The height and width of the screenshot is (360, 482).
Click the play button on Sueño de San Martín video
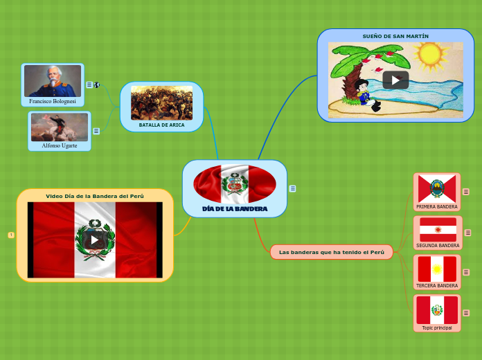coord(395,80)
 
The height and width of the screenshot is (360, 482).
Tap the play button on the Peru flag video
coord(95,240)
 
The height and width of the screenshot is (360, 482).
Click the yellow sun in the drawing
coord(431,54)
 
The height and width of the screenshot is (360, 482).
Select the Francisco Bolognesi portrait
coord(53,81)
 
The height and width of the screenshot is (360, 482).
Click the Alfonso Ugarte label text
coord(60,146)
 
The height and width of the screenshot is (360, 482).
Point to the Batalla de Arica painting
coord(161,102)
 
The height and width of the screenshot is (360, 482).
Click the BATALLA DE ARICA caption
coord(161,125)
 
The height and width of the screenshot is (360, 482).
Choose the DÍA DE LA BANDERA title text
coord(235,208)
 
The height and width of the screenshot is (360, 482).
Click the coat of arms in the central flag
coord(235,184)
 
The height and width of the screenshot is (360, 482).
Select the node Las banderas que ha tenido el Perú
coord(332,252)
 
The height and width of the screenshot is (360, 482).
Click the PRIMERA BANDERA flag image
coord(437,188)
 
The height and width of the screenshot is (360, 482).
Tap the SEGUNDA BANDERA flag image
coord(438,229)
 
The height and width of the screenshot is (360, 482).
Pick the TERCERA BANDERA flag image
coord(437,269)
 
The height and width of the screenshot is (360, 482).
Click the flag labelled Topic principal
coord(437,309)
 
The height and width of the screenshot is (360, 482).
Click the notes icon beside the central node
coord(293,188)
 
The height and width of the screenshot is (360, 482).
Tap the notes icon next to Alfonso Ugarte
coord(96,131)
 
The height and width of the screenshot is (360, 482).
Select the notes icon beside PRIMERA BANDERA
coord(467,192)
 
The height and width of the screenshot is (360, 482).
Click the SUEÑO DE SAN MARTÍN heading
coord(395,36)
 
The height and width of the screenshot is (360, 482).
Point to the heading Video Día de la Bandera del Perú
coord(95,196)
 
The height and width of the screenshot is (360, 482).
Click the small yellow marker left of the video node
coord(11,235)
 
